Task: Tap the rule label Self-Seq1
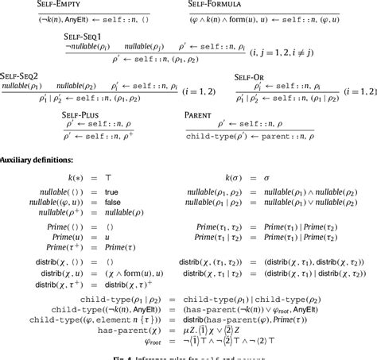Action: tap(87, 37)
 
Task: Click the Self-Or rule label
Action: tap(254, 75)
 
